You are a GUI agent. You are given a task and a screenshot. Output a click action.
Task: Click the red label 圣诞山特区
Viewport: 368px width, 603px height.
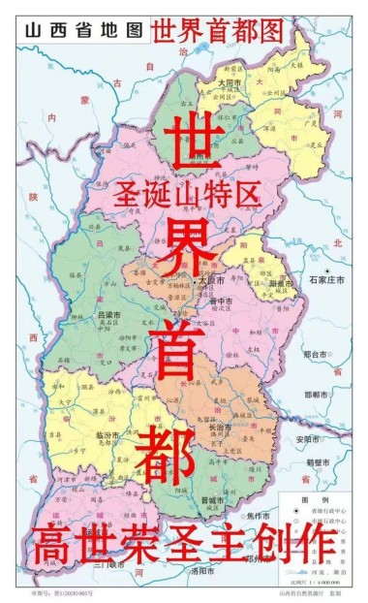[202, 196]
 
